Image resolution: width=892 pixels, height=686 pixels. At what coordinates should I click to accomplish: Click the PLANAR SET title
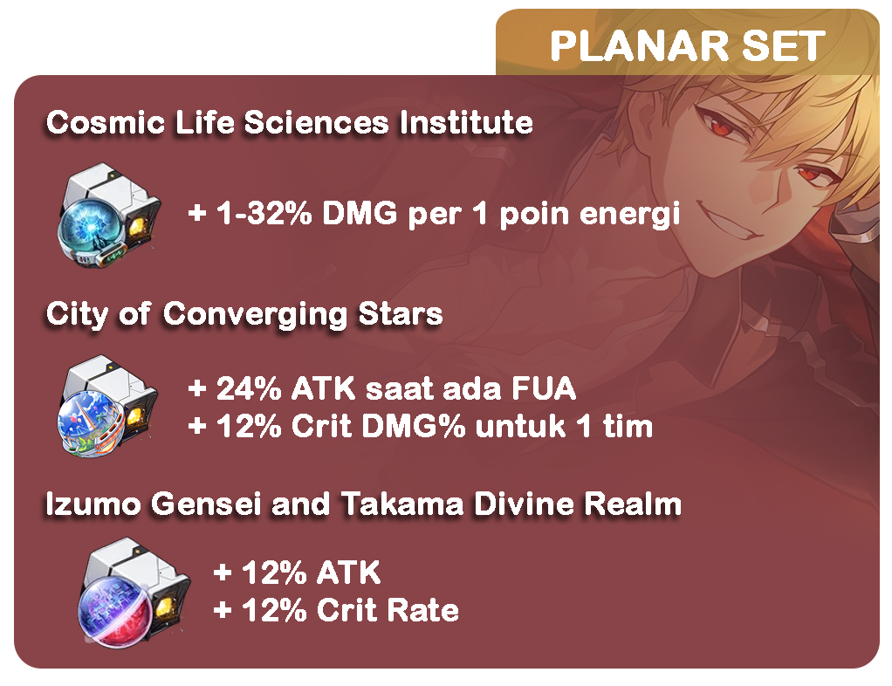687,46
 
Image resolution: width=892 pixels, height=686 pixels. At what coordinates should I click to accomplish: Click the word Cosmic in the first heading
106,122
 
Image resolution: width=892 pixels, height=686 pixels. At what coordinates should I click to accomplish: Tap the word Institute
466,122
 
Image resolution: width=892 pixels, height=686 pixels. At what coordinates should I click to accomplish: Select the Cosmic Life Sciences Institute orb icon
108,215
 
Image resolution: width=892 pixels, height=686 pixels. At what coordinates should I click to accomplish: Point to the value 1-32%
264,213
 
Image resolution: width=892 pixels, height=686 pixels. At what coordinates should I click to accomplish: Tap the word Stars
401,313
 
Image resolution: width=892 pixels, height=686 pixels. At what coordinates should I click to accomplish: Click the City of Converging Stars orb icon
107,406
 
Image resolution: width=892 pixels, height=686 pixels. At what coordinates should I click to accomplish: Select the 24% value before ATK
249,389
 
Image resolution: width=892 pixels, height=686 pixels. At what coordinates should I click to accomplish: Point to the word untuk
520,427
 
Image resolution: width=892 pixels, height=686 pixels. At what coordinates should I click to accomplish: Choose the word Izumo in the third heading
93,504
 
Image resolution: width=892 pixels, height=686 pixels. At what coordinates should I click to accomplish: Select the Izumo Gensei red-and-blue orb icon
134,593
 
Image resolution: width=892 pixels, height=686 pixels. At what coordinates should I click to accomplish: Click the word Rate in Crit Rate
422,610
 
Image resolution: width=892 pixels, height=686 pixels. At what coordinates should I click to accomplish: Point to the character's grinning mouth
734,220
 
